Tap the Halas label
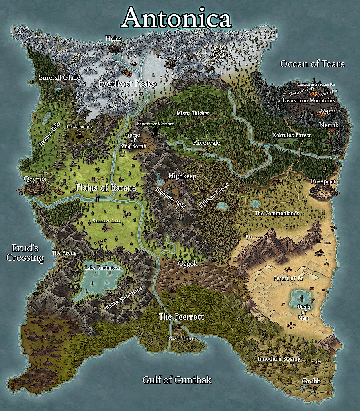click(x=113, y=38)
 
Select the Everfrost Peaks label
click(x=127, y=84)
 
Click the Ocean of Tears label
click(x=312, y=63)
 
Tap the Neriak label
click(x=329, y=125)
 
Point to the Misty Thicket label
click(x=193, y=113)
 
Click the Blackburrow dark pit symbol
click(x=79, y=137)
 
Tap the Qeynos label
click(x=35, y=179)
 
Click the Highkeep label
click(x=182, y=176)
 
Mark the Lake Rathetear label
click(x=103, y=268)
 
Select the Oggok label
click(x=188, y=264)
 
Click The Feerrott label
click(x=181, y=317)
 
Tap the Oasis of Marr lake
click(x=301, y=297)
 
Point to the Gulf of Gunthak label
click(x=177, y=380)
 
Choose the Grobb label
click(x=311, y=380)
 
